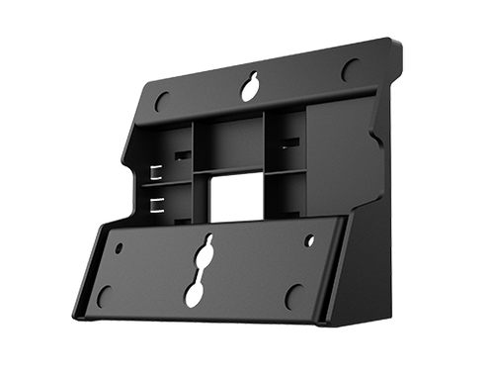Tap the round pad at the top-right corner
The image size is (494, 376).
point(350,68)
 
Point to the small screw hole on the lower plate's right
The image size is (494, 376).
point(309,239)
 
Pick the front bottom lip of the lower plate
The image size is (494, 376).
point(198,329)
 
